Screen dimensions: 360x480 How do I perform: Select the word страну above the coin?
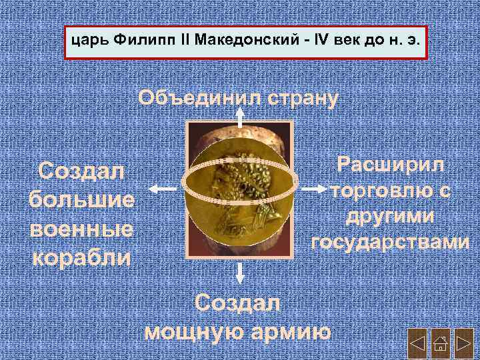297,98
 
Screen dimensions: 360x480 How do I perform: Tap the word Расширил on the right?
391,164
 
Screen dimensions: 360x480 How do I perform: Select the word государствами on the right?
391,242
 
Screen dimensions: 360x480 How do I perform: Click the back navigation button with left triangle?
417,345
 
